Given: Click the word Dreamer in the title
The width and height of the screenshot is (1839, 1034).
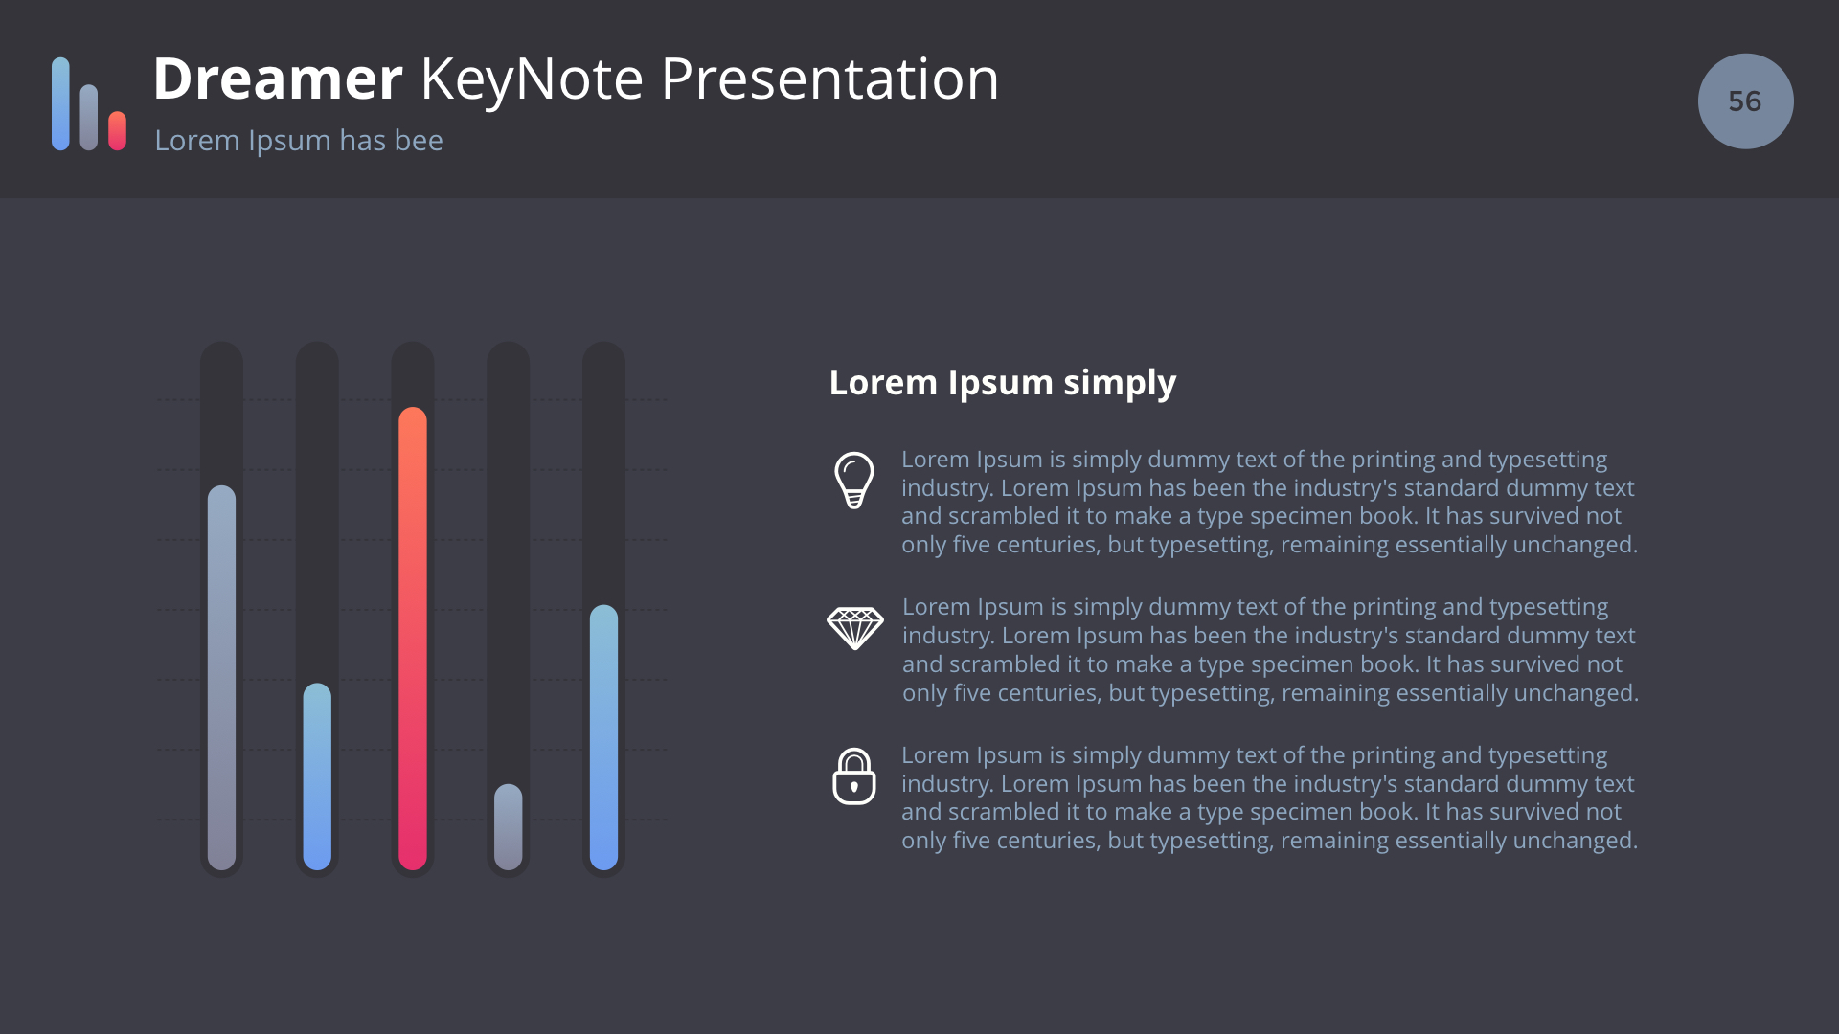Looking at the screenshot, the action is coord(278,79).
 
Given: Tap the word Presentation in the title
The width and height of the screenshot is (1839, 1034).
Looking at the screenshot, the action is coord(829,79).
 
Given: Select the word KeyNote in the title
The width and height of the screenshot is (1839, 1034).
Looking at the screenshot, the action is coord(532,80).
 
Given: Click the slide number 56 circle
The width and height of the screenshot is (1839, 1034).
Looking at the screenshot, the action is coord(1745,101).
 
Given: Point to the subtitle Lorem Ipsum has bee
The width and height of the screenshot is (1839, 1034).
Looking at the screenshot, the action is coord(299,141).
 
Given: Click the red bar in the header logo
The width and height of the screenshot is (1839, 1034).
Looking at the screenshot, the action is coord(117,131).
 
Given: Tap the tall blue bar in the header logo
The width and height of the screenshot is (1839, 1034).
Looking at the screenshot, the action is coord(60,103).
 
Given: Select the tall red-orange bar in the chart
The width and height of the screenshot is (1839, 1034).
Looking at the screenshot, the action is coord(413,639).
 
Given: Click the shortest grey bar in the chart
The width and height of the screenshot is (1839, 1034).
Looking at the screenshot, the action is coord(509,827).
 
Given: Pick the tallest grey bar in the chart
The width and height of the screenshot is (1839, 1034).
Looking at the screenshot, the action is coord(221,678).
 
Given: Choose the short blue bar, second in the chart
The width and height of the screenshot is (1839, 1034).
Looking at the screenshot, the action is coord(317,776).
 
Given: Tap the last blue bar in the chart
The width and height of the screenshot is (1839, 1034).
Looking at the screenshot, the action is coord(603,737).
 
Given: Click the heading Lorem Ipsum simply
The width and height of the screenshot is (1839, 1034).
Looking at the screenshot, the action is coord(1002,383).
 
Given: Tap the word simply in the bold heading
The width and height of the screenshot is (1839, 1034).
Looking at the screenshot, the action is coord(1120,384).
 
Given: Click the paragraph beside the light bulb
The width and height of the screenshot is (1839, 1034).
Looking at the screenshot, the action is coord(1269,502).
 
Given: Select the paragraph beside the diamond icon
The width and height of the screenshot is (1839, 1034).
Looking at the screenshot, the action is coord(1270,650).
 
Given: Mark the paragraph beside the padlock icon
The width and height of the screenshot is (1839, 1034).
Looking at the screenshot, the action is coord(1269,798).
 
